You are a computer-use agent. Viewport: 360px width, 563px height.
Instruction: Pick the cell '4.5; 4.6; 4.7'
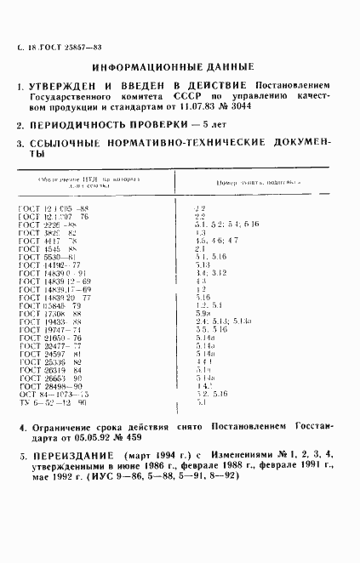[216, 241]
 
